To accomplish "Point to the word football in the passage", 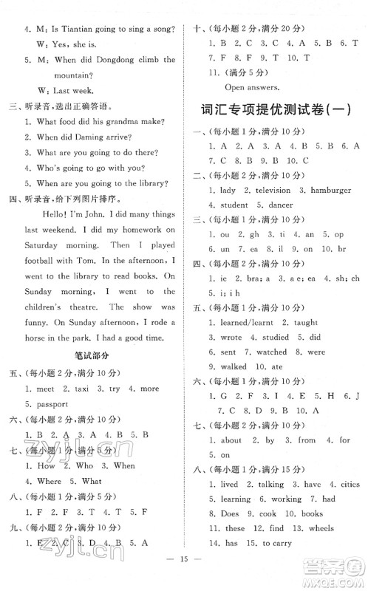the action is pos(46,260).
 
